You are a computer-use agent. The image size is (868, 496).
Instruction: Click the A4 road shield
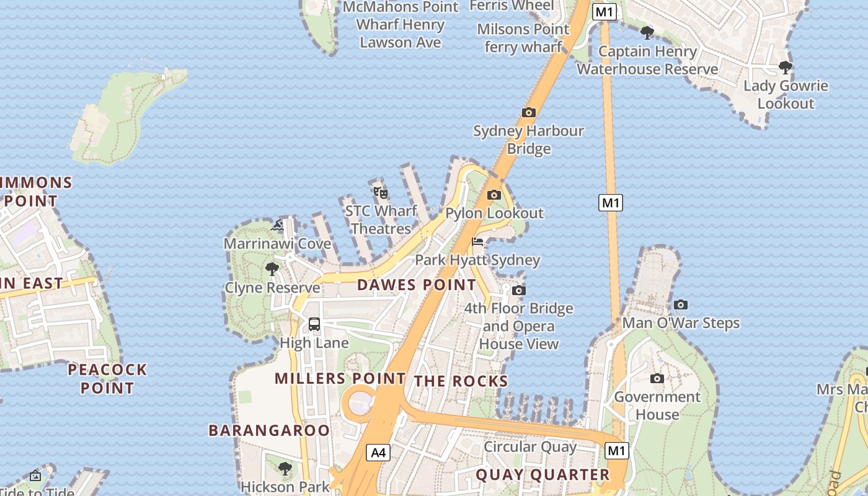click(378, 453)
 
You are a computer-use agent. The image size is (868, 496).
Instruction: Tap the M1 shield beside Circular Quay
click(616, 451)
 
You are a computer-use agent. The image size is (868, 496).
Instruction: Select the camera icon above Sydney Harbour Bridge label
click(528, 112)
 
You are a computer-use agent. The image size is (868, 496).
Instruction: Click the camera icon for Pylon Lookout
click(494, 195)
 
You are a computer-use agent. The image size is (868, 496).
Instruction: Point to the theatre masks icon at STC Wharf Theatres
click(381, 193)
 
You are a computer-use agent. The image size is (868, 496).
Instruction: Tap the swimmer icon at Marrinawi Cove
click(277, 225)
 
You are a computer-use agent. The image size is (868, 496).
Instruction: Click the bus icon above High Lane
click(314, 324)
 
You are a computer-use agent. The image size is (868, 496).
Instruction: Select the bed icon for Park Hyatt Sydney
click(477, 242)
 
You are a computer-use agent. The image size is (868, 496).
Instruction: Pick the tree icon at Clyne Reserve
click(272, 268)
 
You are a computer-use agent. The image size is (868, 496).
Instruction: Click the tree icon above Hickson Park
click(285, 468)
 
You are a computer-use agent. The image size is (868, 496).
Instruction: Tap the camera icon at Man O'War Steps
click(680, 304)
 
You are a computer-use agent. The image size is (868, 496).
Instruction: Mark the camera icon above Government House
click(657, 378)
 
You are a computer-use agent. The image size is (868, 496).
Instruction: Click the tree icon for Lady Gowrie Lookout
click(786, 67)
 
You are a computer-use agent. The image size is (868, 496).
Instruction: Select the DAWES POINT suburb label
click(417, 285)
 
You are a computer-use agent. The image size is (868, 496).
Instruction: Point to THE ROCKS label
click(461, 381)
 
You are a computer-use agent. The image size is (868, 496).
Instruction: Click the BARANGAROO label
click(269, 430)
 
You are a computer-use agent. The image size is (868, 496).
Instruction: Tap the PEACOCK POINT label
click(107, 379)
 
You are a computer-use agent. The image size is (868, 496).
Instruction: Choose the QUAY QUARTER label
click(542, 475)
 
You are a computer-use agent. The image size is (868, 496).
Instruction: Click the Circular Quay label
click(529, 447)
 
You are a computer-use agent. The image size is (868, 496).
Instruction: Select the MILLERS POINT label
click(340, 378)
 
